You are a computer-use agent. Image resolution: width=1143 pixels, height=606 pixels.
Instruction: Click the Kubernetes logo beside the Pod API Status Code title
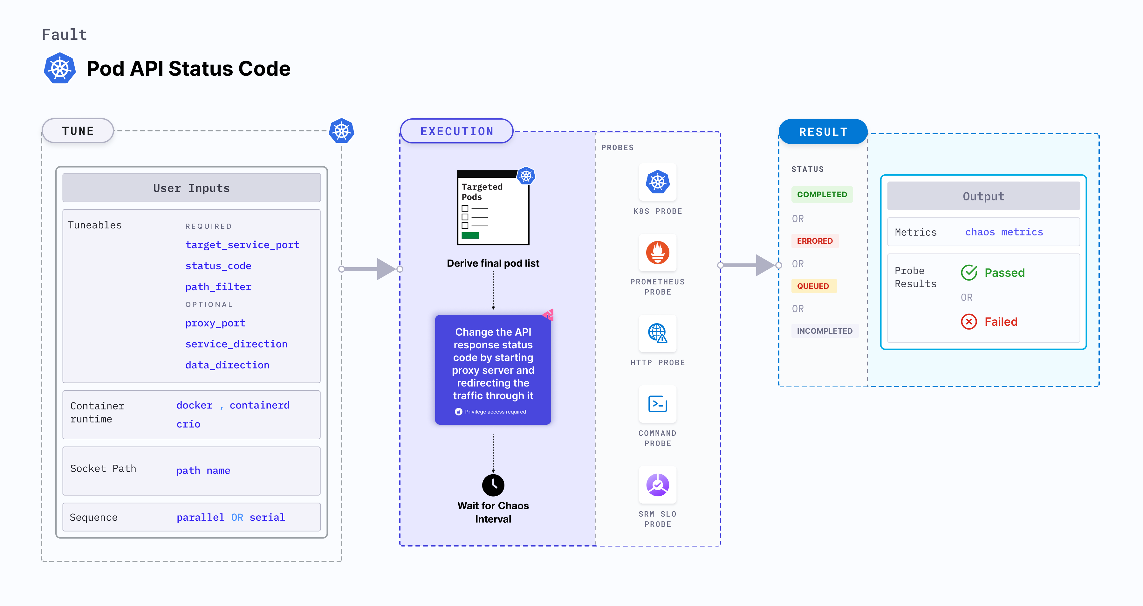coord(60,68)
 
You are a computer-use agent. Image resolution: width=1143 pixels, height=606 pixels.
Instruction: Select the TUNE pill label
coord(78,131)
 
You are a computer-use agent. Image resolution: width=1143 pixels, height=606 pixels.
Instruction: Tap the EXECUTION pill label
coord(456,131)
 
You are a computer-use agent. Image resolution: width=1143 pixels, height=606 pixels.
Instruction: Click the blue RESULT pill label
coord(823,132)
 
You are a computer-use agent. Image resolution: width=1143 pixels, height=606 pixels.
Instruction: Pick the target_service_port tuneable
coord(242,245)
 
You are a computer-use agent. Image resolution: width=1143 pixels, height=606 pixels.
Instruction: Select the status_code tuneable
coord(218,266)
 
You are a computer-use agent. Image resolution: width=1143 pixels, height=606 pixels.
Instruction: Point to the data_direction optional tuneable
coord(227,365)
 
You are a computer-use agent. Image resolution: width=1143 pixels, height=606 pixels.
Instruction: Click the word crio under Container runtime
coord(188,424)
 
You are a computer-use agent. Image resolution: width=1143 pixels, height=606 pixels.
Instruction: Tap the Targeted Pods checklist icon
coord(493,207)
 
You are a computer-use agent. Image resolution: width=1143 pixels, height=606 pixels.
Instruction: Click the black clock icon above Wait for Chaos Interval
coord(493,485)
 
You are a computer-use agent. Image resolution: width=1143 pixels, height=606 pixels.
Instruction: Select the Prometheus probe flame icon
coord(658,253)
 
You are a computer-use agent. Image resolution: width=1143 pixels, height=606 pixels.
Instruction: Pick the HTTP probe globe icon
coord(658,333)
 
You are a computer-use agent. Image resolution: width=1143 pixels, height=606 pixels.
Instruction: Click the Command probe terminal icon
coord(658,404)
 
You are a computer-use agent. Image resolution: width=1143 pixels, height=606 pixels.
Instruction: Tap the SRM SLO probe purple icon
coord(658,485)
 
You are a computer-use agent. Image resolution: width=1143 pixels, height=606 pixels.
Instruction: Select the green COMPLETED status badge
coord(822,194)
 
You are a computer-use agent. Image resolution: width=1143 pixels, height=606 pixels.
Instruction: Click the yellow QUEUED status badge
coord(813,286)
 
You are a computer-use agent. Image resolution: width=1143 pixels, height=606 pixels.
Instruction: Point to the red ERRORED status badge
coord(815,241)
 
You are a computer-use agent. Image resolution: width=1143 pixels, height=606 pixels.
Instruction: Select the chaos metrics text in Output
coord(1004,232)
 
